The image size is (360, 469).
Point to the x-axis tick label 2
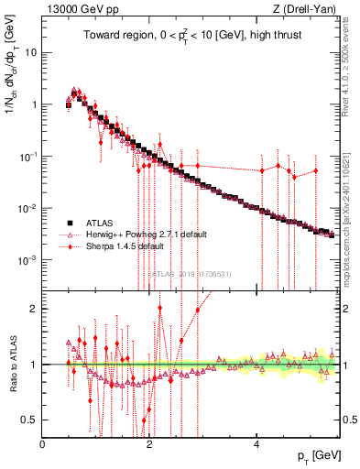tap(150, 445)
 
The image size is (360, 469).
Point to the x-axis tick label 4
tap(257, 445)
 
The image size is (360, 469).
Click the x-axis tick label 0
tap(43, 445)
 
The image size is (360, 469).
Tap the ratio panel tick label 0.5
tap(32, 420)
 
